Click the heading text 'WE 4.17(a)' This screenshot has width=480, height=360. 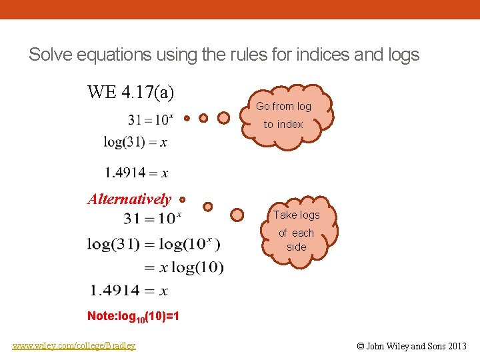[x=131, y=92]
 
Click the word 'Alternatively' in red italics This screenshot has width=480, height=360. [x=129, y=199]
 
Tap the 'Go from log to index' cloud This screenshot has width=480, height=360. [x=283, y=115]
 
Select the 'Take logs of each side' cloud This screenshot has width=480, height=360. [x=296, y=231]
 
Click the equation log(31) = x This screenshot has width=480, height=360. [x=135, y=142]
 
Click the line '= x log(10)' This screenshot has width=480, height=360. [x=184, y=268]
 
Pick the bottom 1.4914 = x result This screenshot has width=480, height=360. [x=129, y=291]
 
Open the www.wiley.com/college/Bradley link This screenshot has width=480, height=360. [x=74, y=345]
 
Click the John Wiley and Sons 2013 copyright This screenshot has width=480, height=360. [x=411, y=346]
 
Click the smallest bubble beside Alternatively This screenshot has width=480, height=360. [x=182, y=198]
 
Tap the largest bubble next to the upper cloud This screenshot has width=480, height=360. [x=224, y=117]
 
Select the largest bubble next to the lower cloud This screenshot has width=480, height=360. [x=237, y=215]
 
